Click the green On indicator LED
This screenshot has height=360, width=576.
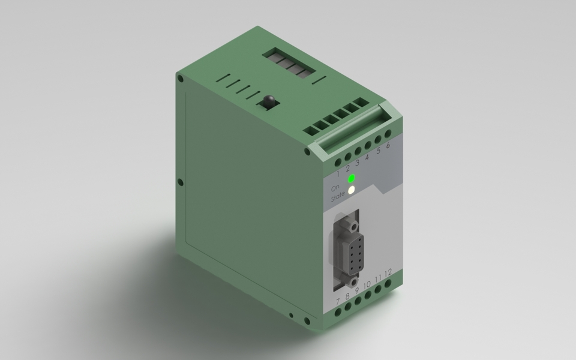(352, 178)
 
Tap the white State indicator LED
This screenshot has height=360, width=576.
(352, 190)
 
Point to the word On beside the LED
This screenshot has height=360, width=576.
(336, 187)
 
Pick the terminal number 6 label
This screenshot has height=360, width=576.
(388, 145)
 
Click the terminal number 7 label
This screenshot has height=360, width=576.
(338, 300)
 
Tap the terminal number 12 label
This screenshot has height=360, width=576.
(388, 273)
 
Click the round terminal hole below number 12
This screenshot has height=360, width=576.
(388, 283)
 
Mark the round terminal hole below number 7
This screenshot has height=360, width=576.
(338, 311)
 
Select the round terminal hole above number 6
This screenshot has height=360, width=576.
(388, 134)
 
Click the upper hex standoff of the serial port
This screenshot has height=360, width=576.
(354, 227)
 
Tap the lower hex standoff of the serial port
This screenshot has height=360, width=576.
(355, 281)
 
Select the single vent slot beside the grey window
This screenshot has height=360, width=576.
(319, 79)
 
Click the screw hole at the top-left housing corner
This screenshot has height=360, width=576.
(180, 78)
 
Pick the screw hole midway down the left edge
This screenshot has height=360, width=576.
(180, 182)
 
